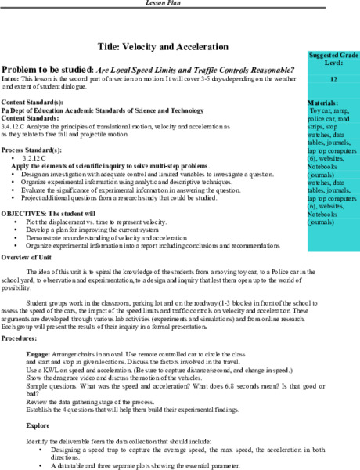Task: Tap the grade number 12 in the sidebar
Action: (x=333, y=79)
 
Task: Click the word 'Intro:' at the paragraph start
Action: (x=10, y=79)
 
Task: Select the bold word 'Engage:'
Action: (x=38, y=354)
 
